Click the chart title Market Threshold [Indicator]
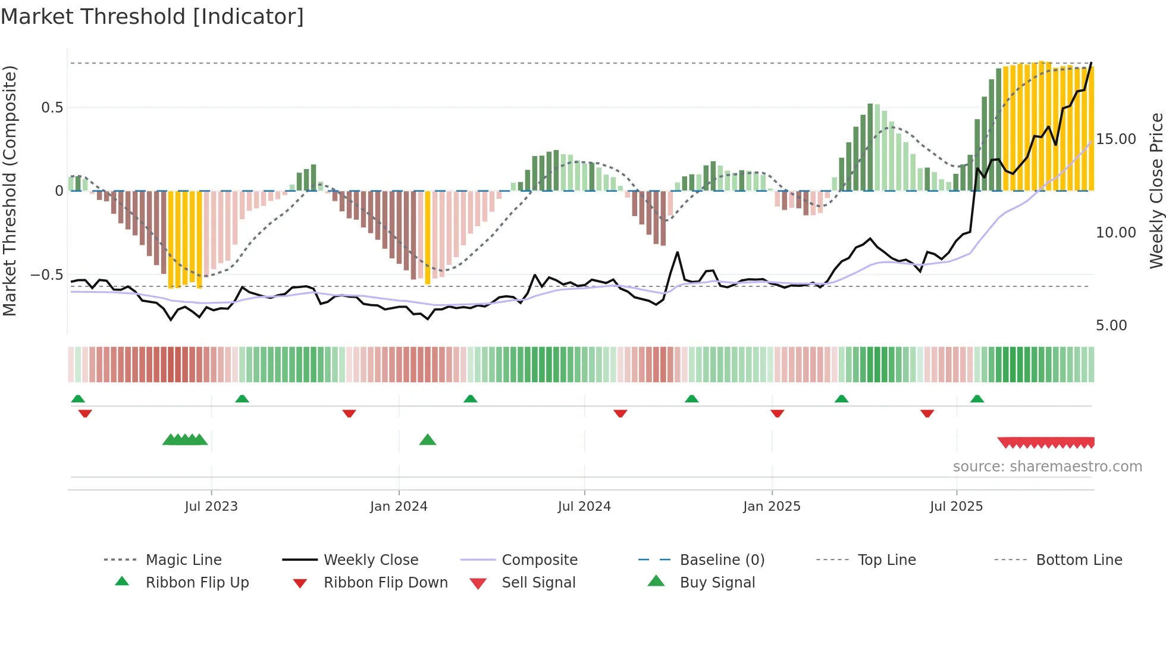coord(152,17)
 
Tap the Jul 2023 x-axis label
coord(211,507)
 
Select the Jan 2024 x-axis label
coord(399,507)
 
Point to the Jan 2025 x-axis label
coord(772,507)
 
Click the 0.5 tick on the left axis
coord(52,108)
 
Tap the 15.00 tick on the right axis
coord(1115,139)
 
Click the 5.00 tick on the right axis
coord(1111,326)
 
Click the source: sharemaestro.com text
coord(1047,467)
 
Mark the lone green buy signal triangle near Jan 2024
coord(428,441)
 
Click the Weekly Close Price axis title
coord(1156,190)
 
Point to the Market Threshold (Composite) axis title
coord(10,190)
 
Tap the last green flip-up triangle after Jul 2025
coord(977,399)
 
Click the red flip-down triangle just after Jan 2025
coord(777,413)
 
